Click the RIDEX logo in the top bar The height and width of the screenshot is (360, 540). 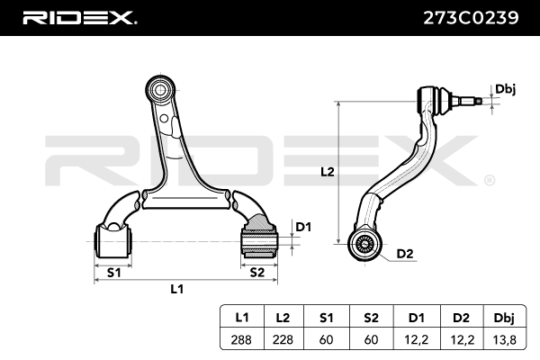[x=79, y=17]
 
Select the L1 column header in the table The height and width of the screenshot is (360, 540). [x=242, y=319]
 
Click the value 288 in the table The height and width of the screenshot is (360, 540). [x=242, y=339]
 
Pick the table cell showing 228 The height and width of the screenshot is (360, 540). [x=283, y=339]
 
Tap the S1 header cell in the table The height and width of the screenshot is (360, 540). [x=325, y=319]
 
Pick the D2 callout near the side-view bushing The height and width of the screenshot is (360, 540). [x=404, y=253]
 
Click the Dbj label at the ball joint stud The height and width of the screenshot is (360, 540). [x=505, y=89]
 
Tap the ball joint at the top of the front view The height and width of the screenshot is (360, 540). [x=159, y=90]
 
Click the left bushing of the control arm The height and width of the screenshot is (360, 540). [x=114, y=238]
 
